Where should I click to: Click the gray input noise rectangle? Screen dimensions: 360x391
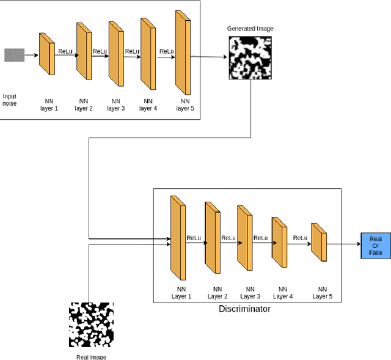[x=14, y=55]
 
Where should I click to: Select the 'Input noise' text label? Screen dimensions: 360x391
[x=10, y=100]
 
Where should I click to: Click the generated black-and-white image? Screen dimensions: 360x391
[x=250, y=57]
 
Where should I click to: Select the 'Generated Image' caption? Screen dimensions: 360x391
[x=250, y=29]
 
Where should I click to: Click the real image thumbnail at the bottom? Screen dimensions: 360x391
[x=91, y=325]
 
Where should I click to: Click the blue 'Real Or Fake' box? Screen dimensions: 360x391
[x=376, y=244]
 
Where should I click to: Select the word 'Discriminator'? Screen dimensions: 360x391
[x=244, y=309]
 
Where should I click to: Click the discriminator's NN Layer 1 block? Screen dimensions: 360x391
[x=178, y=238]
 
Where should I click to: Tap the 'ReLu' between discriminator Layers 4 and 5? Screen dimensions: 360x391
[x=300, y=238]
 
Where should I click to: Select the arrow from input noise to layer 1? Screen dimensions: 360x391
[x=31, y=56]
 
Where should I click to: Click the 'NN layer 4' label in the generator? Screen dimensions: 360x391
[x=148, y=105]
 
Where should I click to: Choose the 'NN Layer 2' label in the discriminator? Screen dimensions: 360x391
[x=217, y=293]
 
